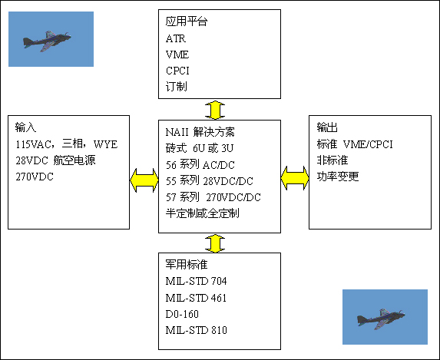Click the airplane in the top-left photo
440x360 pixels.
click(47, 41)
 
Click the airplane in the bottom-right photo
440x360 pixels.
click(381, 319)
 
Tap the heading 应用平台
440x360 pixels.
click(187, 21)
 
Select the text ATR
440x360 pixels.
click(176, 38)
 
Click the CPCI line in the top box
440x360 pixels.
click(177, 71)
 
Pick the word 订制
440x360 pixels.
click(176, 87)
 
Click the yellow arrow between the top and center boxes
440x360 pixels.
click(215, 110)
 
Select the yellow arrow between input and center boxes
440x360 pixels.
click(144, 180)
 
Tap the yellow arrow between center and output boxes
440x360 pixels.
click(295, 178)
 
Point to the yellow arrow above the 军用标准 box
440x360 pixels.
click(215, 243)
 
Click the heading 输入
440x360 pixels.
click(25, 127)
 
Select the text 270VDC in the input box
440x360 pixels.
click(35, 177)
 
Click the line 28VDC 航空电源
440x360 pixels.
click(55, 160)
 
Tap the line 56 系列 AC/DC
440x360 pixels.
click(200, 165)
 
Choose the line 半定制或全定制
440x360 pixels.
click(202, 213)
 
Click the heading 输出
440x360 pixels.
click(327, 127)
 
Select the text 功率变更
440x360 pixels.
click(338, 177)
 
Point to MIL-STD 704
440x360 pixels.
click(196, 281)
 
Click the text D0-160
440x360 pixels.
click(182, 314)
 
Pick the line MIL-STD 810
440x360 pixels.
click(196, 330)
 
